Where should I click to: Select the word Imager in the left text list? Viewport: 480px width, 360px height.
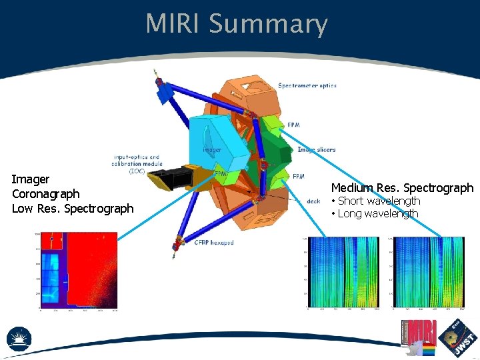[x=31, y=179]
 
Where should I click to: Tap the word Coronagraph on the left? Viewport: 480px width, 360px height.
[x=45, y=194]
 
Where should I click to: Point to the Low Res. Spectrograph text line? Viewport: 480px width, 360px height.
[x=73, y=209]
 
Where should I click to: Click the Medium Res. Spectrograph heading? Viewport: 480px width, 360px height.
[x=402, y=188]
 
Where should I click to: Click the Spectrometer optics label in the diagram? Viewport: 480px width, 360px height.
[x=307, y=85]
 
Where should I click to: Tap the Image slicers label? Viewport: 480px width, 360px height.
[x=316, y=150]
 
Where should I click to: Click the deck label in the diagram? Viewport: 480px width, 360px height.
[x=313, y=201]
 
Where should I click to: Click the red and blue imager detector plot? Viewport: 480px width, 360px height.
[x=79, y=271]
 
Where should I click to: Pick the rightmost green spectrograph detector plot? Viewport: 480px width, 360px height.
[x=427, y=272]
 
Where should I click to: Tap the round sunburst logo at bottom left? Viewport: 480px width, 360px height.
[x=19, y=338]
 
